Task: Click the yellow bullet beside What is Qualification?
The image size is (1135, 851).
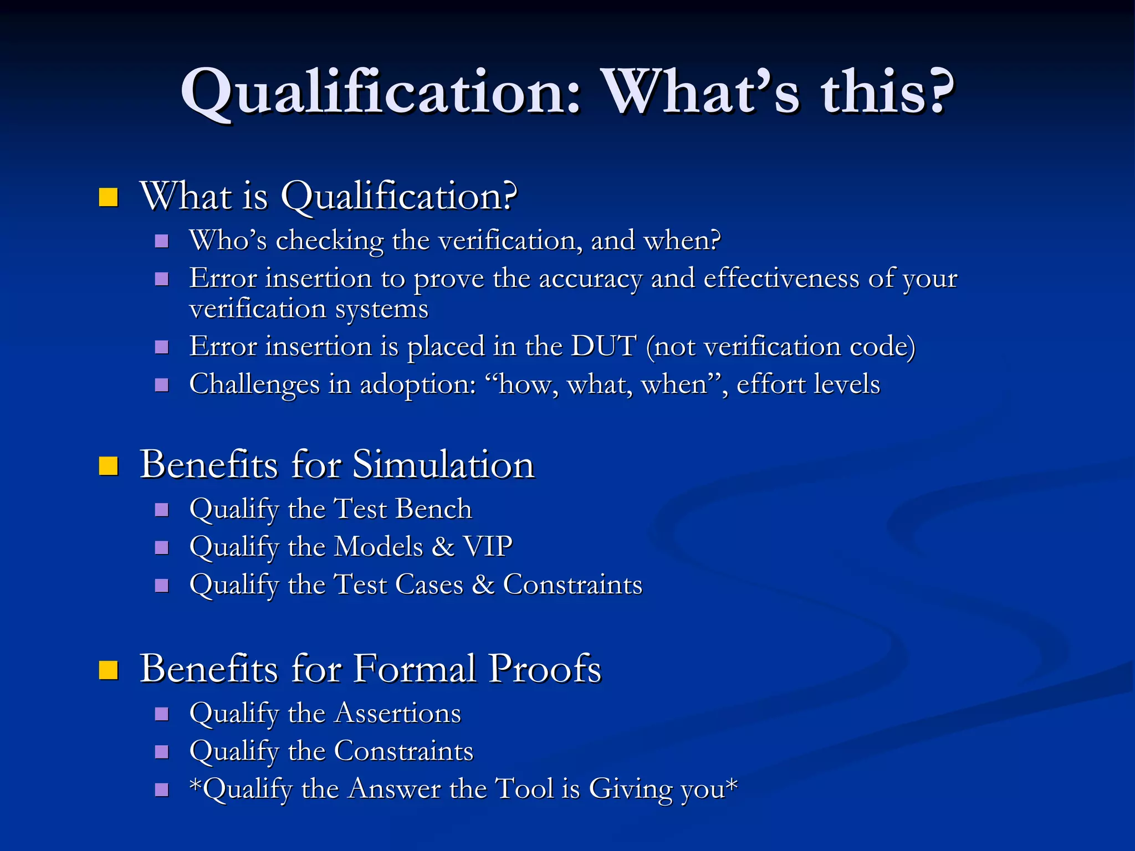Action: [x=108, y=197]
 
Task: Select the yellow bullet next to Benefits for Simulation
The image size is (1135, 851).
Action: [x=108, y=465]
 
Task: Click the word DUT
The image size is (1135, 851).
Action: [x=604, y=346]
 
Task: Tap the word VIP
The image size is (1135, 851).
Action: [x=488, y=546]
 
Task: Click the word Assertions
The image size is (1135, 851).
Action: [x=398, y=713]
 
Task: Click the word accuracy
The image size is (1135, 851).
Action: [x=590, y=279]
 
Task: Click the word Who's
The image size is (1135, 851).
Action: [x=228, y=240]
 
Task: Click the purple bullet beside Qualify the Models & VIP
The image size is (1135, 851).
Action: [x=161, y=547]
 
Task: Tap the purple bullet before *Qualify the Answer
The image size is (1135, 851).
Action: [x=161, y=789]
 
